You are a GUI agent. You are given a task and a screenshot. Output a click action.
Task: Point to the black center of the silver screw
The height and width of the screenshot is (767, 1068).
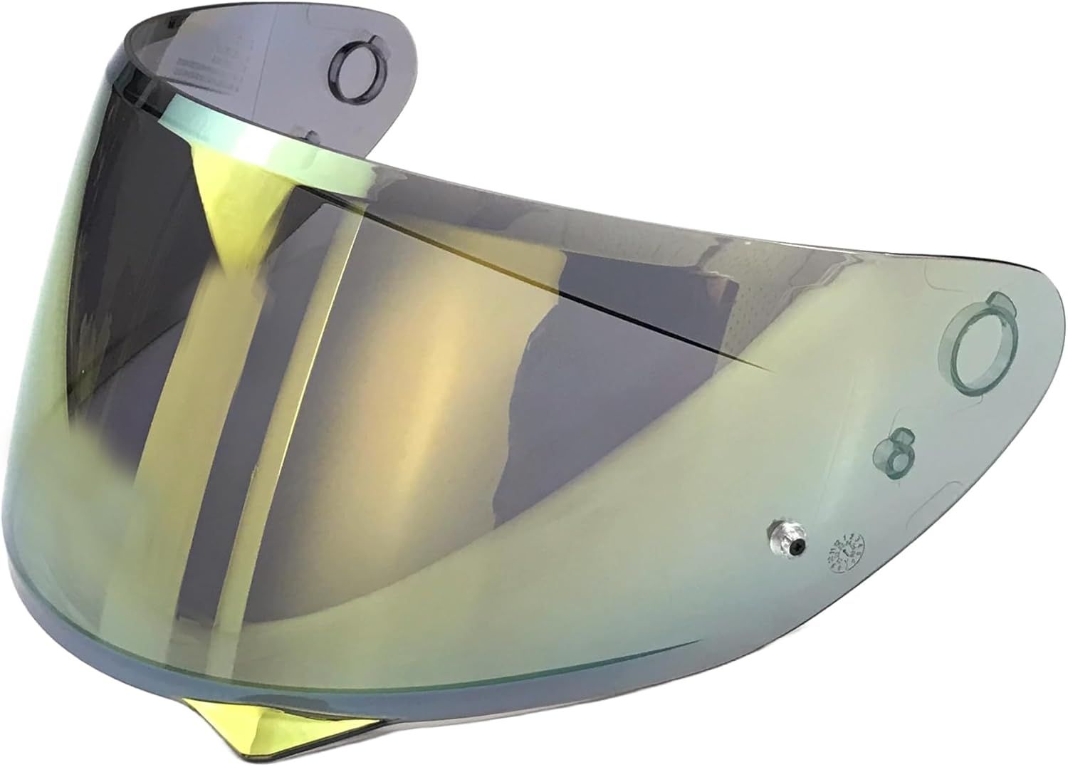(796, 545)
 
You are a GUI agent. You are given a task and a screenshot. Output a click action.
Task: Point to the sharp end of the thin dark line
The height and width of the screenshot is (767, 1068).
(773, 370)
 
